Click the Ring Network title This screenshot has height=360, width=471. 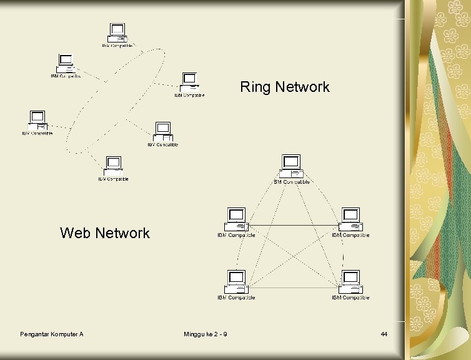[285, 87]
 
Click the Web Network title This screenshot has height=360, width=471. [105, 233]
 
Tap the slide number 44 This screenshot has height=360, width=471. [384, 335]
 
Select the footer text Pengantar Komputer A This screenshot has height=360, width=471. [52, 335]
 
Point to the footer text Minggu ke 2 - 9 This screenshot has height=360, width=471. [206, 335]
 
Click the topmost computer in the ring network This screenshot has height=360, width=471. [117, 32]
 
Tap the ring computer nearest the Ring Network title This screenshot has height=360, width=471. [189, 82]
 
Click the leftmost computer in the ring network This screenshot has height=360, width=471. [37, 119]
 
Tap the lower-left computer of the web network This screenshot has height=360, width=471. [237, 280]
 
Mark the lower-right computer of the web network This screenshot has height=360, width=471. [350, 280]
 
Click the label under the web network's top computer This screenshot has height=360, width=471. [292, 182]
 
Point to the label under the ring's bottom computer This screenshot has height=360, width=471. [113, 179]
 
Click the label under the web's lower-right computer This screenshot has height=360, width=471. [350, 297]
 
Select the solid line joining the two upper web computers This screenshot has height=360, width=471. [294, 224]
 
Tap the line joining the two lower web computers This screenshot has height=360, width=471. [294, 287]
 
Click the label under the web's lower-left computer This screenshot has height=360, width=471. [236, 297]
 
